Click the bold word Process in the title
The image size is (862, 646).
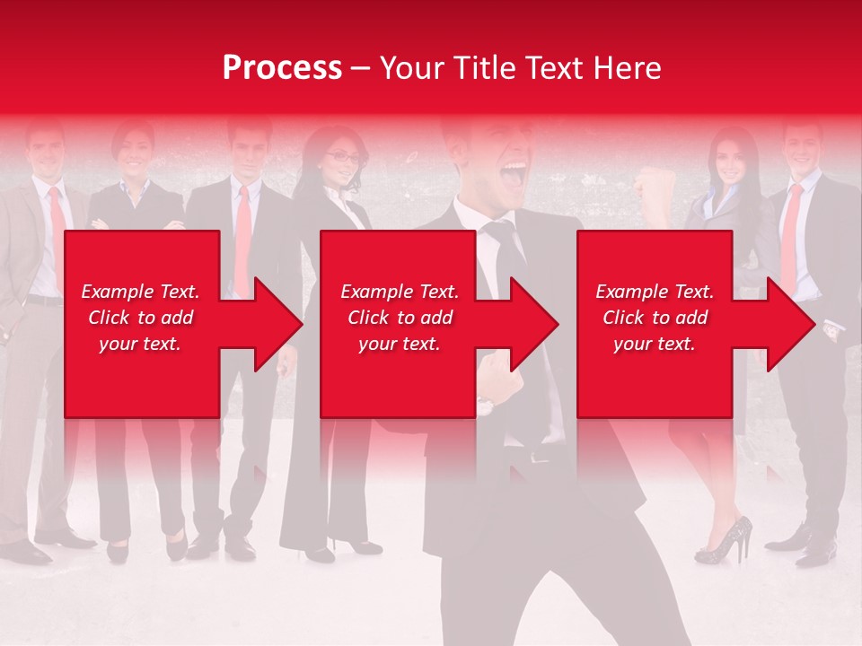click(282, 68)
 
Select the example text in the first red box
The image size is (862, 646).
click(140, 318)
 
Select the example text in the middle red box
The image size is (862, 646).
click(399, 318)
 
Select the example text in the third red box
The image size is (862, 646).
click(655, 318)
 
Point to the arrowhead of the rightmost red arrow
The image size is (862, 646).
click(791, 324)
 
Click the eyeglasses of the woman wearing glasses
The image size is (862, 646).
click(342, 158)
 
